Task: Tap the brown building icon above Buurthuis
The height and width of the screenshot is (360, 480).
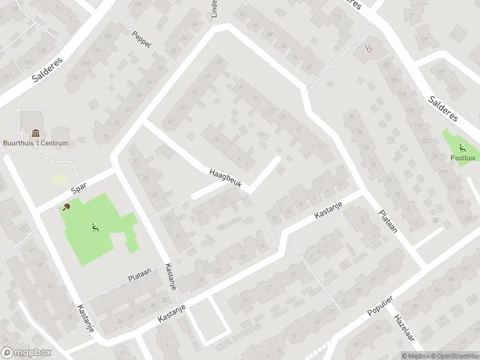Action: click(x=35, y=133)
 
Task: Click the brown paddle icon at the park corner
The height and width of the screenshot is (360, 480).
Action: click(x=66, y=207)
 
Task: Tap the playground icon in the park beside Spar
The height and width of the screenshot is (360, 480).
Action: click(x=94, y=227)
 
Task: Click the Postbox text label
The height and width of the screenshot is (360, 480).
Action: click(x=463, y=158)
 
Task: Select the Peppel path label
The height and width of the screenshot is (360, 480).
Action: click(x=142, y=39)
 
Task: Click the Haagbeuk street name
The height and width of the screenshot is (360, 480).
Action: click(x=225, y=178)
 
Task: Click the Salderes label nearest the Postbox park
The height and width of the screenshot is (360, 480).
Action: click(x=443, y=108)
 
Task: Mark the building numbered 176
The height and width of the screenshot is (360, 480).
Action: click(x=336, y=16)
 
